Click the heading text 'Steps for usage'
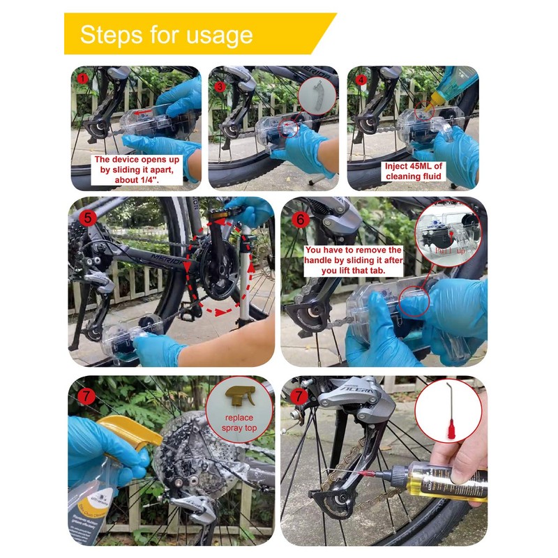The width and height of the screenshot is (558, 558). (x=166, y=34)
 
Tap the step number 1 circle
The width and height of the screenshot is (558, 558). (x=83, y=78)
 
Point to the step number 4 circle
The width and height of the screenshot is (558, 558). (x=360, y=79)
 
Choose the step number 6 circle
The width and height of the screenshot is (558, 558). (x=301, y=218)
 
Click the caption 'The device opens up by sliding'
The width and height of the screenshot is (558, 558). (x=137, y=169)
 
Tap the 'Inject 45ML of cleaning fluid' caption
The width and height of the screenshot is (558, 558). (x=413, y=172)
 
